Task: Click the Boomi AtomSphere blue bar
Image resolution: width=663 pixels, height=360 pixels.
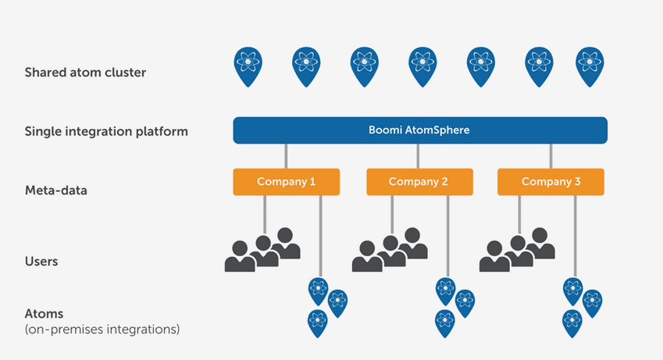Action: (x=420, y=130)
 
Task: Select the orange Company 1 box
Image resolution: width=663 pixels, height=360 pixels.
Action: (x=287, y=182)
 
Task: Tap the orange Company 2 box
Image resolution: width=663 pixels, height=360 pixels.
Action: (x=419, y=182)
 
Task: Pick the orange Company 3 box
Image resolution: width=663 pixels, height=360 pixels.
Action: (x=551, y=182)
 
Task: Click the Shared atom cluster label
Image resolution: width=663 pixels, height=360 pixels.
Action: (x=85, y=73)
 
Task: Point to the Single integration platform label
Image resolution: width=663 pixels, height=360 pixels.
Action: (x=106, y=131)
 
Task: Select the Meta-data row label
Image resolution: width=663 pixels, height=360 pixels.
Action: (x=55, y=191)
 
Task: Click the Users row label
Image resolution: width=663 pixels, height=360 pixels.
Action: (x=41, y=262)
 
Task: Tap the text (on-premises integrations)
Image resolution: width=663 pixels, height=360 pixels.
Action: (x=102, y=329)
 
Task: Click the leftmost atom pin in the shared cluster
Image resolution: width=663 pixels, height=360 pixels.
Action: (x=248, y=66)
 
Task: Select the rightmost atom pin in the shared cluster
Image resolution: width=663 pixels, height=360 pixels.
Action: (x=590, y=66)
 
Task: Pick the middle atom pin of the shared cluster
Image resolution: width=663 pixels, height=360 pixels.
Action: (x=422, y=66)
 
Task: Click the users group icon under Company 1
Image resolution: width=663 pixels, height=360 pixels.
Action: (x=262, y=250)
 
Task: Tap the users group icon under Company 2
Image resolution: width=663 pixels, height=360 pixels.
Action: (x=390, y=250)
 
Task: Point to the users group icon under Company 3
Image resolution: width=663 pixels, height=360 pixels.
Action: (x=517, y=250)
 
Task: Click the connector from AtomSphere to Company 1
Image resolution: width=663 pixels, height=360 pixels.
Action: (x=287, y=156)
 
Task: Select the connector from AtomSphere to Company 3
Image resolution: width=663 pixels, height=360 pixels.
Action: (x=551, y=156)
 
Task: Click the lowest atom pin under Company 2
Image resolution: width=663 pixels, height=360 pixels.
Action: (x=445, y=323)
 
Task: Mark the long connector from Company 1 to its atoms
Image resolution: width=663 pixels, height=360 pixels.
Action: (x=320, y=236)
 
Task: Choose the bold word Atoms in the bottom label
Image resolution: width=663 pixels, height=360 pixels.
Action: (x=44, y=314)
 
